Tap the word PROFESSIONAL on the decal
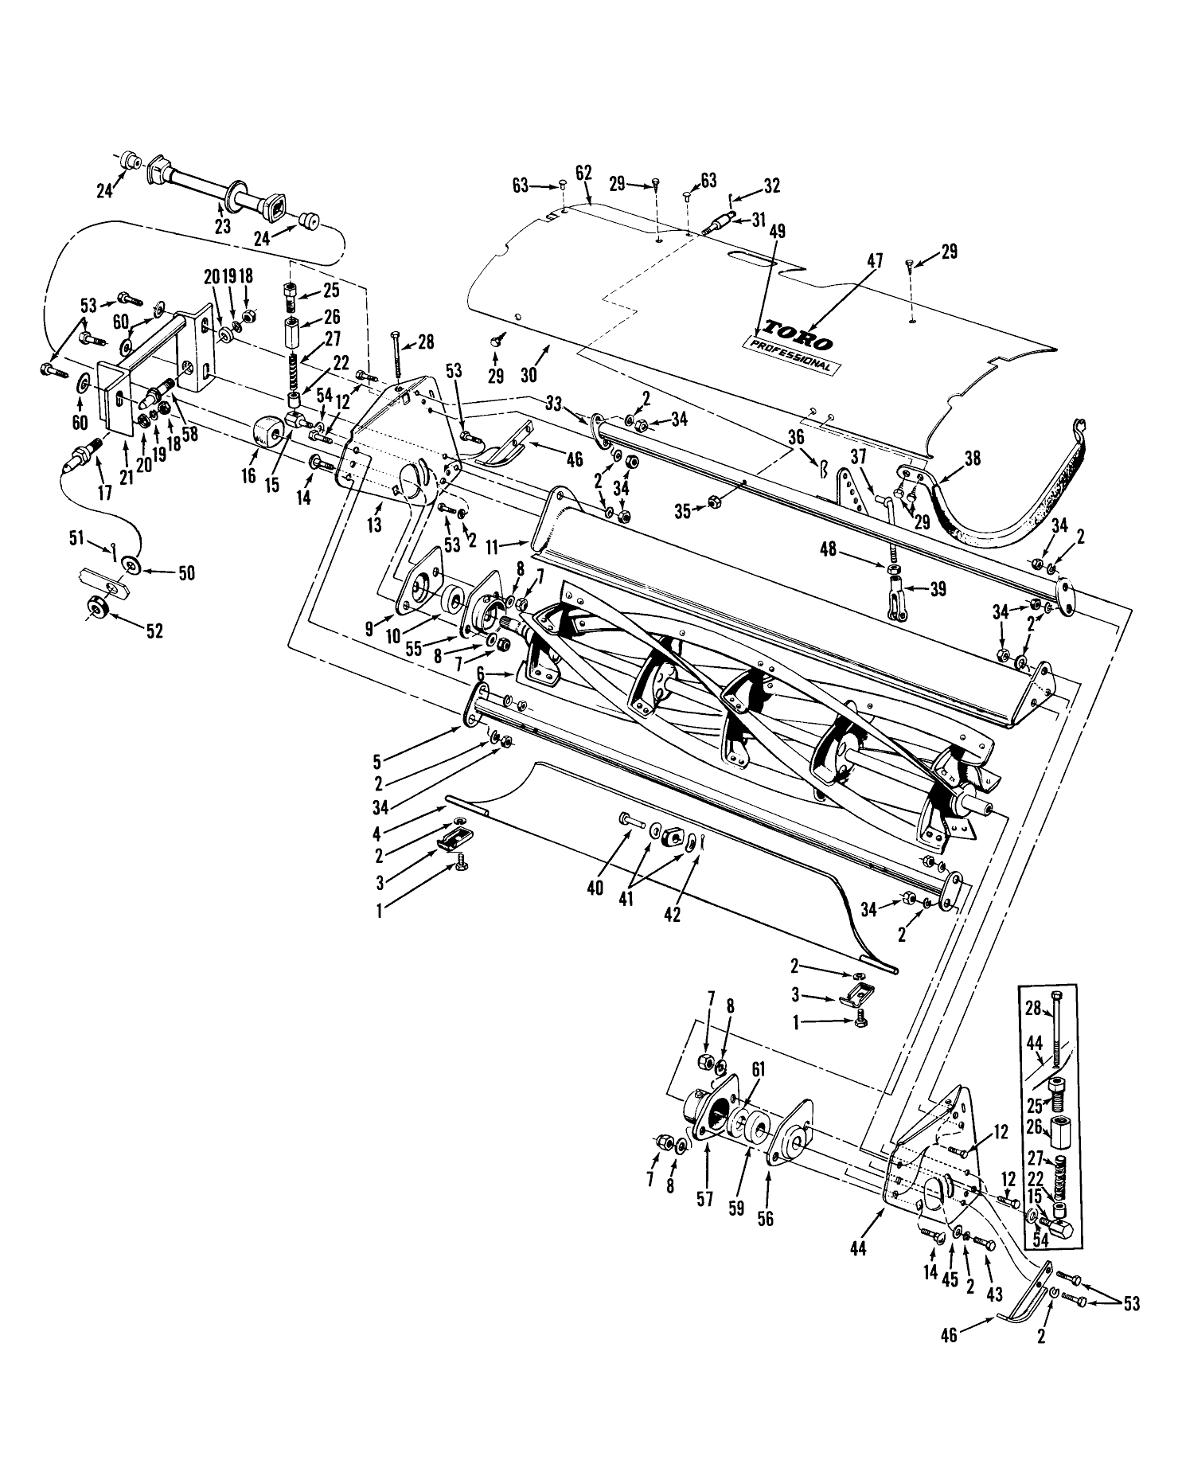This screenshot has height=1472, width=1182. pos(789,355)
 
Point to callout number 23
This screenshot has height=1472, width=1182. pos(222,226)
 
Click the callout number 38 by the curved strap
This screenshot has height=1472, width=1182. pos(971,459)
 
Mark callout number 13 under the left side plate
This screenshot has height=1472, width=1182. pos(374,525)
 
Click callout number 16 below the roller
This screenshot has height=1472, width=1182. pos(249,475)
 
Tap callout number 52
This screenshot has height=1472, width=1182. pos(154,631)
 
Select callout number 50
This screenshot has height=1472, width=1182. pos(186,573)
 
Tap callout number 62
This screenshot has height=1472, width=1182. pos(583,172)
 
